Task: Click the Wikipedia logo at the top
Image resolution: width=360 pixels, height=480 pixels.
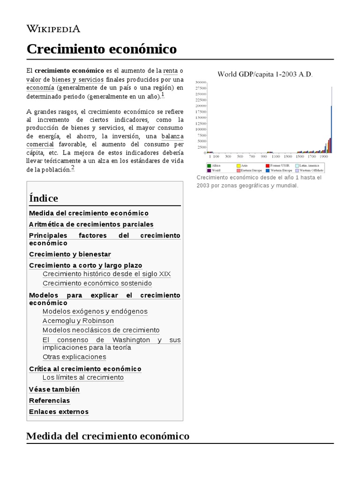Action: tap(53, 29)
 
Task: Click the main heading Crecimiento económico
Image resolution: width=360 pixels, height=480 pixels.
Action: tap(102, 49)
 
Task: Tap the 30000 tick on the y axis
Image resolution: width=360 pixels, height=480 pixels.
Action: tap(201, 82)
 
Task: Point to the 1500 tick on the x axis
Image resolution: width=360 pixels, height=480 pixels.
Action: tap(300, 156)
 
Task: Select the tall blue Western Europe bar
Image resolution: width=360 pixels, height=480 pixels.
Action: tap(332, 127)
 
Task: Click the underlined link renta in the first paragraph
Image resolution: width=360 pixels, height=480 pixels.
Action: tap(170, 71)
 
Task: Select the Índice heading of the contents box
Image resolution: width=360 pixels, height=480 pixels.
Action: tap(44, 198)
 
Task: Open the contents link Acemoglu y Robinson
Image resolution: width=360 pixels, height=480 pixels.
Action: tap(78, 321)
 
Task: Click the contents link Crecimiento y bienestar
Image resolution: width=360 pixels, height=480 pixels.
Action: tap(70, 254)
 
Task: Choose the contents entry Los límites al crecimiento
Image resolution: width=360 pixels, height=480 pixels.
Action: tap(83, 377)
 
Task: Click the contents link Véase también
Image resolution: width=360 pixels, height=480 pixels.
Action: tap(54, 390)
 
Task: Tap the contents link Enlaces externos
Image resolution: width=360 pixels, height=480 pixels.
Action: tap(59, 412)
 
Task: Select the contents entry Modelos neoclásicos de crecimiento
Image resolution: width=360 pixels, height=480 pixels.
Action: tap(101, 330)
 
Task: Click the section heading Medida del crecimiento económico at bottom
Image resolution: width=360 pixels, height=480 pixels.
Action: tap(108, 436)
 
